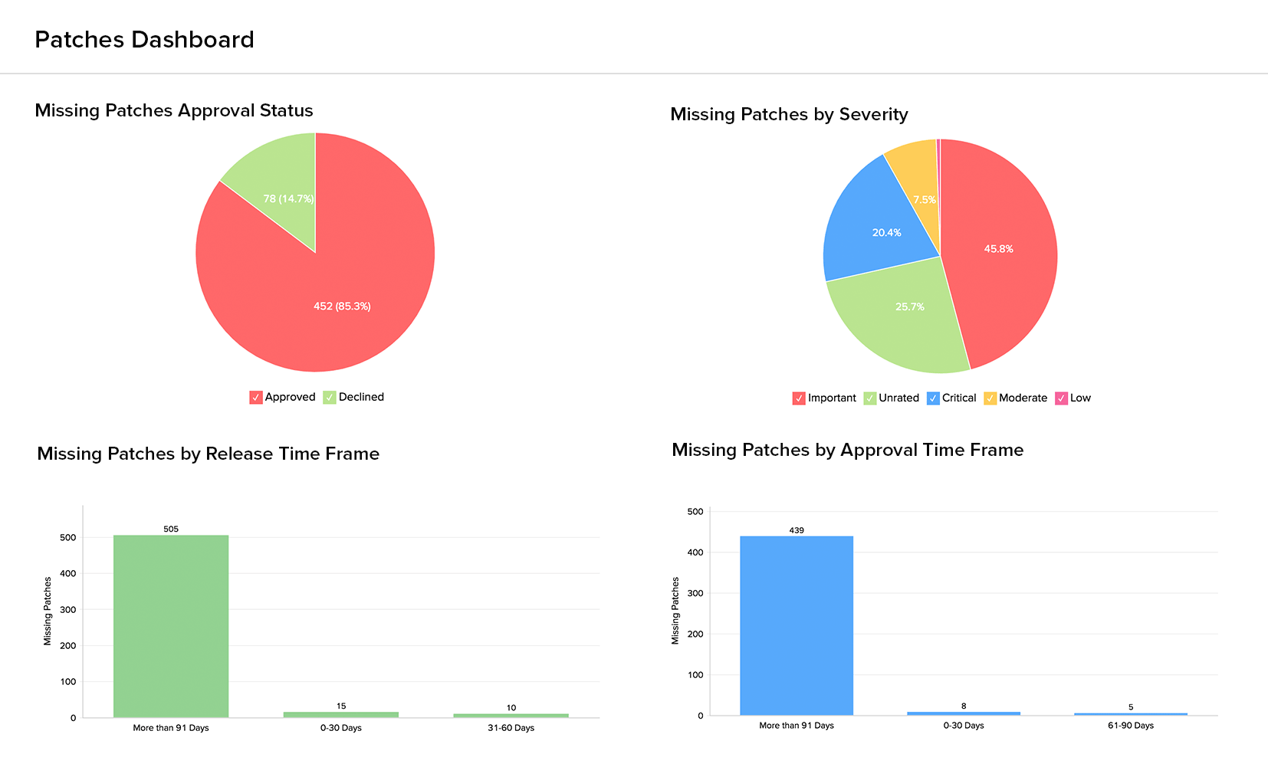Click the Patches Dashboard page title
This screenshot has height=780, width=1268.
click(144, 40)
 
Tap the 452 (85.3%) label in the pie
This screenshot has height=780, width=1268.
click(342, 306)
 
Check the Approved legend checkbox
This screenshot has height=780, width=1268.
click(256, 398)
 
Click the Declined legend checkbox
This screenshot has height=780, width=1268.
click(330, 398)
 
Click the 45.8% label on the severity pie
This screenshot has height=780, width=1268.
click(999, 249)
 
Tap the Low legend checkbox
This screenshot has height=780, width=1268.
click(1062, 398)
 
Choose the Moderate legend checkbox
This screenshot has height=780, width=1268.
click(990, 398)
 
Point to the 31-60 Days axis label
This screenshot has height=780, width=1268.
click(511, 728)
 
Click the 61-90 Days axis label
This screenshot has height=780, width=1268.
click(1131, 726)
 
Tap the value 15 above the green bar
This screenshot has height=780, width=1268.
click(341, 706)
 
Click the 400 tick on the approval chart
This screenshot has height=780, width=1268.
click(695, 552)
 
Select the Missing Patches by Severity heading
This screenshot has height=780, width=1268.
click(789, 115)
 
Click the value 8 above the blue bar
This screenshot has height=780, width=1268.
click(964, 706)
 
